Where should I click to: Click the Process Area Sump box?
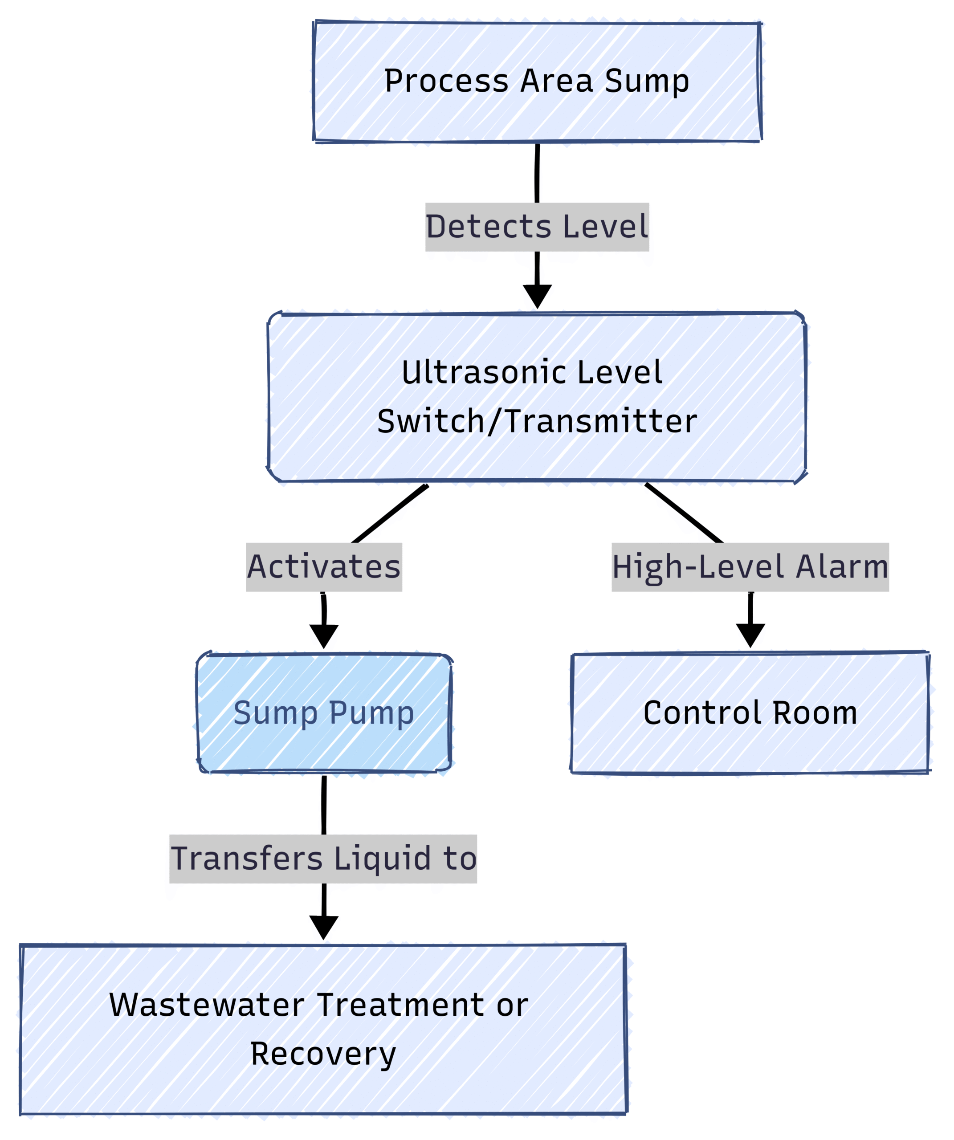point(537,81)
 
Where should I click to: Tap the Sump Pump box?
point(324,713)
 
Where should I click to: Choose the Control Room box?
point(750,713)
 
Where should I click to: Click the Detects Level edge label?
point(537,227)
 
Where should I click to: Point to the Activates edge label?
point(324,567)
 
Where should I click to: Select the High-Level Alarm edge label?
point(750,567)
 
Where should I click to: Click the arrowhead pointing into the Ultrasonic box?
point(538,296)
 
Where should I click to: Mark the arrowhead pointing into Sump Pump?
point(324,636)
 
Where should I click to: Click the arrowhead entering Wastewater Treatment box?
point(324,927)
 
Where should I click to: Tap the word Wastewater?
point(207,1005)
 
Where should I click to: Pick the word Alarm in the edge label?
point(842,567)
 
